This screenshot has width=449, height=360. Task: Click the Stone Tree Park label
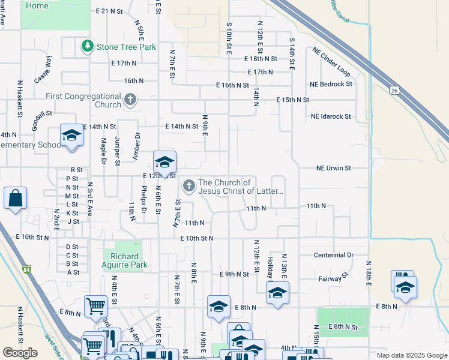[x=126, y=47]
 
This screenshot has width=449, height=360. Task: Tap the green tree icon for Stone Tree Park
[x=88, y=46]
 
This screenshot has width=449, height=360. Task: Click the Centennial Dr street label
[x=334, y=255]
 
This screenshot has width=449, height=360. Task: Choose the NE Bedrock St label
[x=331, y=84]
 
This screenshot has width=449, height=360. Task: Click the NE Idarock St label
[x=330, y=116]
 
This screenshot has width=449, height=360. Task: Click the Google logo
[x=20, y=353]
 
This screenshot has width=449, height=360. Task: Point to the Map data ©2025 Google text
[x=411, y=355]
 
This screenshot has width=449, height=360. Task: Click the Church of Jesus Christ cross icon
[x=188, y=186]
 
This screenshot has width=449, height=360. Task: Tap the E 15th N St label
[x=292, y=100]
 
